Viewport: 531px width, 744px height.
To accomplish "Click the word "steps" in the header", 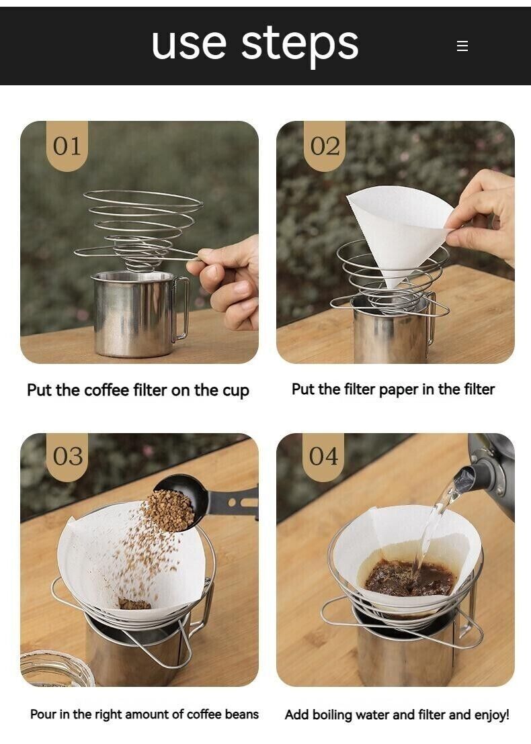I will [300, 44].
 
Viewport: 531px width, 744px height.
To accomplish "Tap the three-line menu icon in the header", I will [462, 46].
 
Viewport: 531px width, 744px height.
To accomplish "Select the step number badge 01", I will [67, 146].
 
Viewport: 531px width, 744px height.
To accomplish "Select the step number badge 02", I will [325, 146].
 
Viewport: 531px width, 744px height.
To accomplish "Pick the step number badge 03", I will [67, 457].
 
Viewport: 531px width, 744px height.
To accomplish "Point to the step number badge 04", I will [323, 457].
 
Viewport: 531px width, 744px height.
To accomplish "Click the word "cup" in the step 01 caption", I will [235, 391].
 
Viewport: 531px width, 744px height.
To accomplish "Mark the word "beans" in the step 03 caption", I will [241, 714].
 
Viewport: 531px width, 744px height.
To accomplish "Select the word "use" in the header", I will [190, 44].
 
